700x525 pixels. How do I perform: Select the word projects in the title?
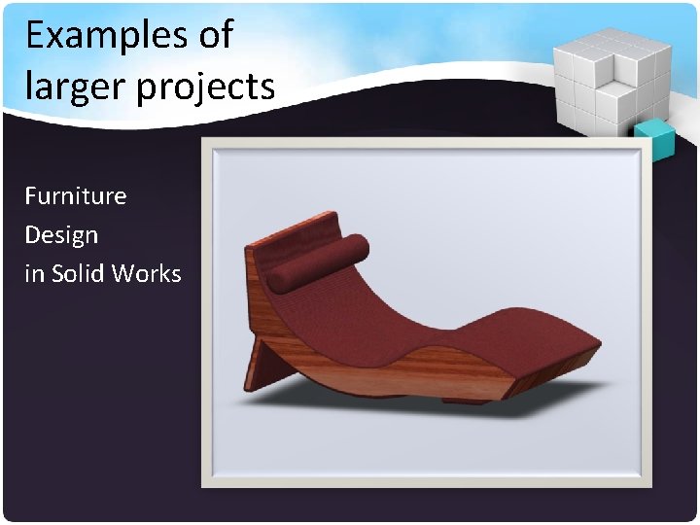[206, 87]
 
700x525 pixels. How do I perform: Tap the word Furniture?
[76, 195]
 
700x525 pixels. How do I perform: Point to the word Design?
[61, 235]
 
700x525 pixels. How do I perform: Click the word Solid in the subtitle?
[78, 273]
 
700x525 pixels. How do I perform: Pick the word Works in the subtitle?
[146, 273]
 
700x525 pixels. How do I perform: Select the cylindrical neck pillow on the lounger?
[317, 261]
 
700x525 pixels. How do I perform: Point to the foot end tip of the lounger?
[588, 335]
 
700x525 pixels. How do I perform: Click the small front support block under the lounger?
[466, 398]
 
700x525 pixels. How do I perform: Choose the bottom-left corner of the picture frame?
[207, 481]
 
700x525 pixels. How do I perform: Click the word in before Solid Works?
[34, 273]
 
